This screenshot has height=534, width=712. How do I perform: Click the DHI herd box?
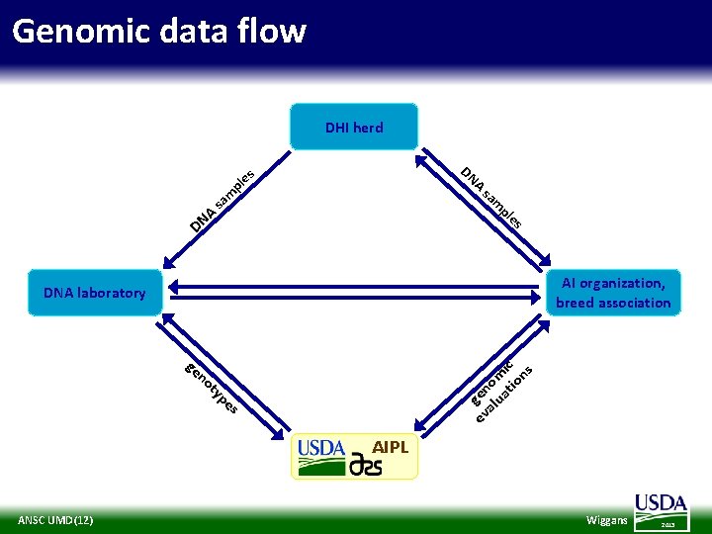(x=354, y=127)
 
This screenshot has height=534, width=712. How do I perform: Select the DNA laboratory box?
(x=95, y=293)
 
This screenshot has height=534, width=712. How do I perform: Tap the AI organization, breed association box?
(x=613, y=293)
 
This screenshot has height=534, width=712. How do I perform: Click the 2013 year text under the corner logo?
(x=667, y=524)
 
